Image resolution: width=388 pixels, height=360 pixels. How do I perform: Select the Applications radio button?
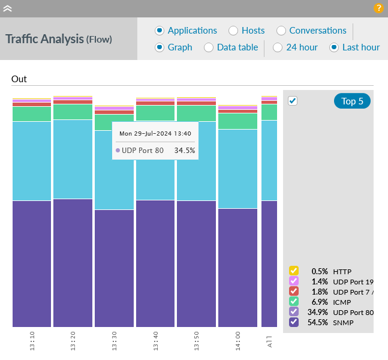[160, 31]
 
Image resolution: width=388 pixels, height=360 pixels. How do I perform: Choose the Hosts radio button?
[233, 31]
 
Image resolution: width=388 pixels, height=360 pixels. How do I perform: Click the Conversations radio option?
[281, 31]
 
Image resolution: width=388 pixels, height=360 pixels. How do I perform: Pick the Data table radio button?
[209, 47]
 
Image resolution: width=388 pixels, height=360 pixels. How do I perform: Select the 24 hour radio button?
[278, 47]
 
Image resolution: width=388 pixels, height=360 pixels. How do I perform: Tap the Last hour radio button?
[334, 47]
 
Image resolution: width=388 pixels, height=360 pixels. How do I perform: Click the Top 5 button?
[352, 101]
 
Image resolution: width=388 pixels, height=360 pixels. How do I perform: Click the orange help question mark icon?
[378, 8]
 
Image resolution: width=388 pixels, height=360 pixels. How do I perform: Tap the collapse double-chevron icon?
[8, 8]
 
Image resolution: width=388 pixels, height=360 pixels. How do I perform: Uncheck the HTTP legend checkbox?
[294, 271]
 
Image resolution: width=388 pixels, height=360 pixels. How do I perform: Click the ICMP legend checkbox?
[294, 301]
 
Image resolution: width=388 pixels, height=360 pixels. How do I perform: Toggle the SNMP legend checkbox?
[294, 322]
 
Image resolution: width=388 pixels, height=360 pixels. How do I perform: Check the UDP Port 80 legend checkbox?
[294, 312]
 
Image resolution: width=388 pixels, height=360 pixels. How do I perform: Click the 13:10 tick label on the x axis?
[32, 340]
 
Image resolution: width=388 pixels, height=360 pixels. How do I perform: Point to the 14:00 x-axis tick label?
[238, 340]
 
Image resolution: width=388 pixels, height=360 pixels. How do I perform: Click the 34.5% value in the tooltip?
[184, 150]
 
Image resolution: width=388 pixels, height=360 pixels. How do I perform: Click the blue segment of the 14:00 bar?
[237, 168]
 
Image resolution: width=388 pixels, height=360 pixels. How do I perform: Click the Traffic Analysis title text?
[44, 39]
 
